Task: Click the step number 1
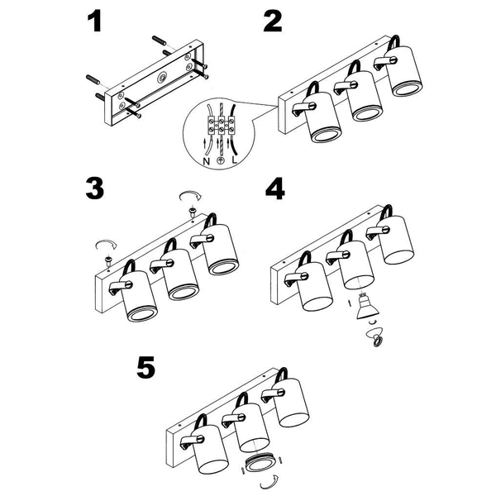(94, 21)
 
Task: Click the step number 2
(272, 21)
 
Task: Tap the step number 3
(94, 188)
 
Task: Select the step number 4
(275, 188)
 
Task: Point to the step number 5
(145, 367)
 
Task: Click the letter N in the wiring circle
(206, 161)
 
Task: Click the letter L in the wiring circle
(234, 160)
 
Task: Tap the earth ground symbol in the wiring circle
(220, 160)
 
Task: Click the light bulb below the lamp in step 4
(367, 306)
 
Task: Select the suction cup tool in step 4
(375, 336)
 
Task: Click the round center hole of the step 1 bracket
(163, 77)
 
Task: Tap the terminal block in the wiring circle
(221, 124)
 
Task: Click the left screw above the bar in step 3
(108, 260)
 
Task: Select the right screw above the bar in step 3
(192, 211)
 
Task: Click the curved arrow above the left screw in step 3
(107, 244)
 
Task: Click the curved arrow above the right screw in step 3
(190, 194)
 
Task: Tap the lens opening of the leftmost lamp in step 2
(327, 136)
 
